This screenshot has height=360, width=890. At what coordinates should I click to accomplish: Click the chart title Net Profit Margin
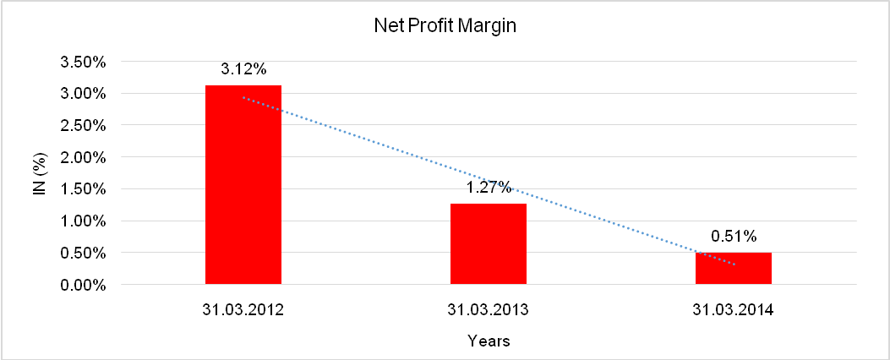click(445, 26)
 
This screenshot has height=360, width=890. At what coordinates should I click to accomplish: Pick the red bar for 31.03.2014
click(733, 268)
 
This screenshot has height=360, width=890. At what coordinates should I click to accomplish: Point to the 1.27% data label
click(488, 187)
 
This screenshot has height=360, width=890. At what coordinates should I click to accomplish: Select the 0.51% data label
click(733, 236)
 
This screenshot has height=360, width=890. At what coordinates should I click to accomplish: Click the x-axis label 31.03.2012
click(243, 310)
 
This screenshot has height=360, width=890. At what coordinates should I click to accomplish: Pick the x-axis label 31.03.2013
click(488, 310)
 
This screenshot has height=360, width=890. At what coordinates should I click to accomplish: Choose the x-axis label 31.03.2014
click(733, 310)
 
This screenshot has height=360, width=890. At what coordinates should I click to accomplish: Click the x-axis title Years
click(489, 341)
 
